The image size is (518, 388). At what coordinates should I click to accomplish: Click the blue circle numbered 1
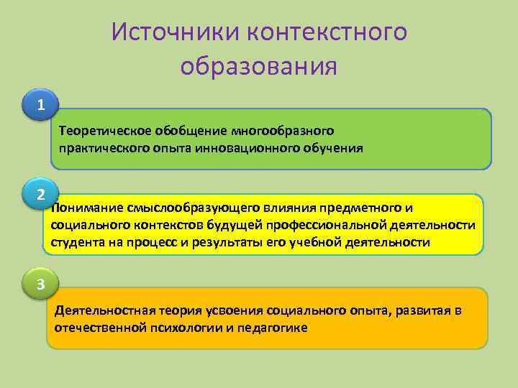click(42, 106)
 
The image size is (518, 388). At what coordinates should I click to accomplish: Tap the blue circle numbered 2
click(42, 194)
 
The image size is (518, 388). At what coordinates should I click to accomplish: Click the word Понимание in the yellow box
click(86, 208)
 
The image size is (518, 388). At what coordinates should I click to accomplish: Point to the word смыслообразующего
click(188, 208)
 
